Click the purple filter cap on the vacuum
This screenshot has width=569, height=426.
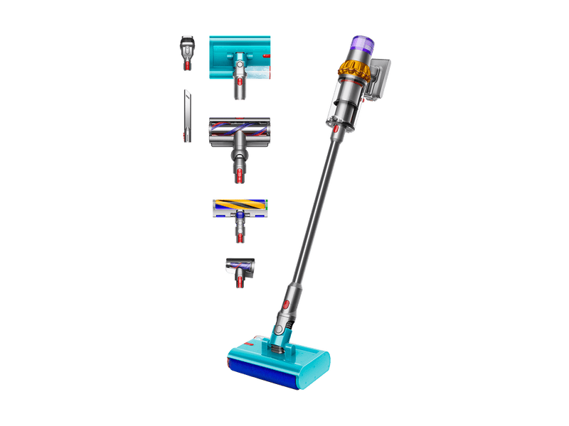(x=357, y=45)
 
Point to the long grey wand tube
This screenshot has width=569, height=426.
(x=313, y=206)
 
